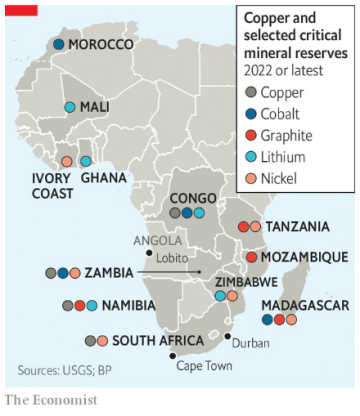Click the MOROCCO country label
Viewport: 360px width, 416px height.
click(x=101, y=46)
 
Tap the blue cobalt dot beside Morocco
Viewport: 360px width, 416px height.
click(x=59, y=46)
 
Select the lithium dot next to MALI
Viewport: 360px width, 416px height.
click(x=70, y=106)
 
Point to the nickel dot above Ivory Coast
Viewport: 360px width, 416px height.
click(x=67, y=161)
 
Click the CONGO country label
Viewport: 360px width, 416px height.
click(x=193, y=199)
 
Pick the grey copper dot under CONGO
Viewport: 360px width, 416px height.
click(x=174, y=213)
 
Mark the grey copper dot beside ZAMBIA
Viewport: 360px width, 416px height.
click(x=50, y=273)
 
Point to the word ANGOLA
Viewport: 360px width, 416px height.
click(x=159, y=240)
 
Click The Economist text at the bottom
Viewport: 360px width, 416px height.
click(x=51, y=401)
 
